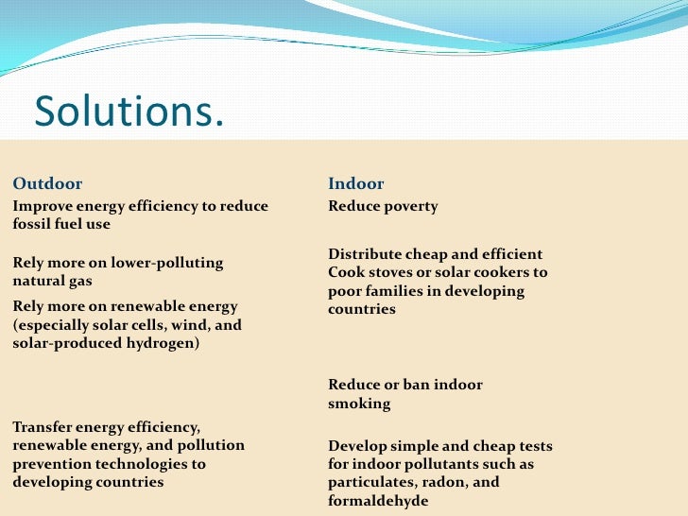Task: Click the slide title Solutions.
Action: (129, 112)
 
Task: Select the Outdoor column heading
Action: (47, 183)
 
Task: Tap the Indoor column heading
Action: (356, 183)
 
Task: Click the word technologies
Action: (142, 464)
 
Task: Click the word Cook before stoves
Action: (346, 272)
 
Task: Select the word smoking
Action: (359, 404)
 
